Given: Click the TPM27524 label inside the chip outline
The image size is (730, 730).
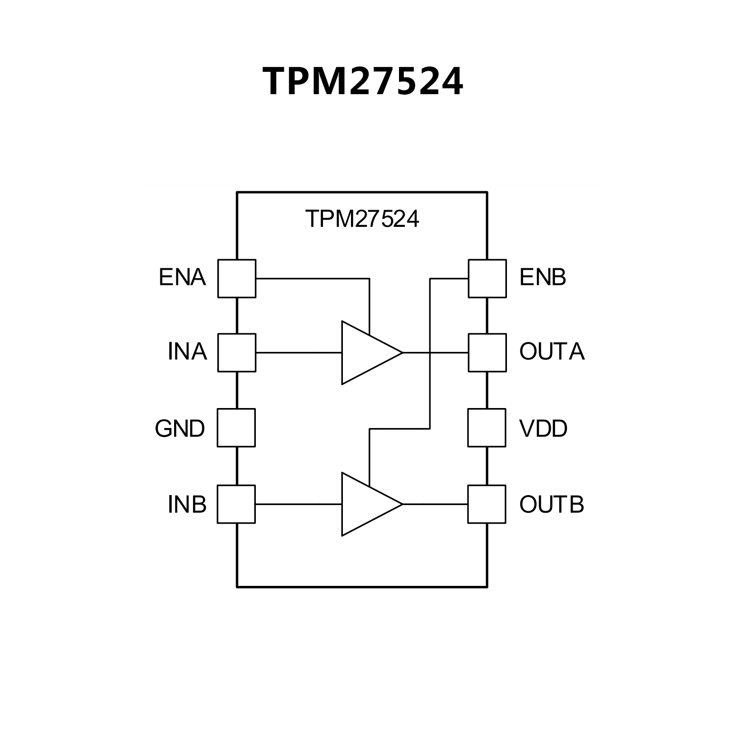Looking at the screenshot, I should pyautogui.click(x=362, y=219).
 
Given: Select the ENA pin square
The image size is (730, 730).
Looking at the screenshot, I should pyautogui.click(x=236, y=279).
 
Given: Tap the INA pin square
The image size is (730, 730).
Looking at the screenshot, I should pyautogui.click(x=236, y=353).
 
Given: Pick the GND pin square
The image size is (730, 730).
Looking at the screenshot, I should pyautogui.click(x=236, y=428).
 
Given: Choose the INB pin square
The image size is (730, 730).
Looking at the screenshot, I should pyautogui.click(x=236, y=504).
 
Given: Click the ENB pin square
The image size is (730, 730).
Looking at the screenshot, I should pyautogui.click(x=487, y=279).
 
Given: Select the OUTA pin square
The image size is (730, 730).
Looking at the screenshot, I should pyautogui.click(x=487, y=353).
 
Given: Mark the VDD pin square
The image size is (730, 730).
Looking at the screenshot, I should pyautogui.click(x=487, y=428).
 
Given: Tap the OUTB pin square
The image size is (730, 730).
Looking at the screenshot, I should pyautogui.click(x=487, y=504).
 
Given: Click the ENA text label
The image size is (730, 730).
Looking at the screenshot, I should pyautogui.click(x=182, y=278).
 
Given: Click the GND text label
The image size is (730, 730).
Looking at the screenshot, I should pyautogui.click(x=180, y=429).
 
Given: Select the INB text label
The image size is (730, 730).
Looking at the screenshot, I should pyautogui.click(x=187, y=505).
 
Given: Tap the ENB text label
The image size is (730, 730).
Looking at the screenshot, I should pyautogui.click(x=543, y=278).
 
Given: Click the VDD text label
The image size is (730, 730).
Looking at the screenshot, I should pyautogui.click(x=543, y=429).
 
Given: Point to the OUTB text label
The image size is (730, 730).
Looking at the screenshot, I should pyautogui.click(x=552, y=505).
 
